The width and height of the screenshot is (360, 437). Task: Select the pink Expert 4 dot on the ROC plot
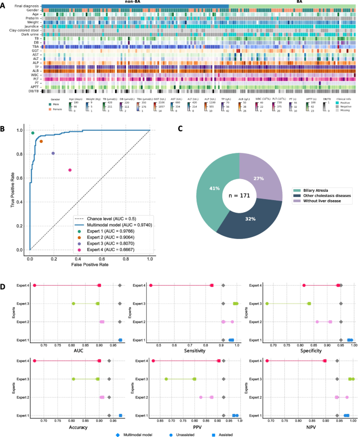coord(70,170)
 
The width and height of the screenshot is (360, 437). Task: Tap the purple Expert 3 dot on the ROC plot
coord(53,153)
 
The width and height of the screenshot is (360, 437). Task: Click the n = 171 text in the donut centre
coord(239,196)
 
